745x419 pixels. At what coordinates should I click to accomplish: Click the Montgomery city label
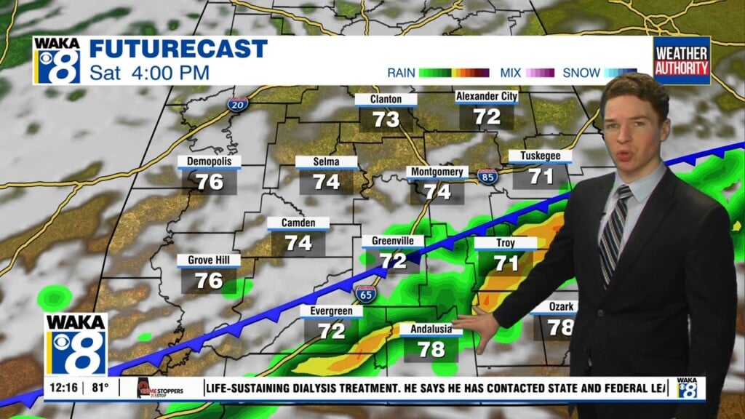tap(437, 172)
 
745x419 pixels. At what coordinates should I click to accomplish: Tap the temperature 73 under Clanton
tap(386, 119)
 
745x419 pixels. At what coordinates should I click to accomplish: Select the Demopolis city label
tap(209, 161)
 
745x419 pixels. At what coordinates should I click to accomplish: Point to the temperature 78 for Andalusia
tap(431, 349)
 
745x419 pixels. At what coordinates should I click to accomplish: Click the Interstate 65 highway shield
tap(365, 295)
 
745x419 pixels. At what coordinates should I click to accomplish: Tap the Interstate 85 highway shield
tap(488, 175)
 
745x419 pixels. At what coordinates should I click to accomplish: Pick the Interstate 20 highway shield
tap(236, 105)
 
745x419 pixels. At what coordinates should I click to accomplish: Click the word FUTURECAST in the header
tap(178, 49)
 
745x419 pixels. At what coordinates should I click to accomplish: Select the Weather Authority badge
tap(681, 60)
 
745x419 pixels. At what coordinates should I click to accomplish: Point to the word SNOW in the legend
tap(581, 73)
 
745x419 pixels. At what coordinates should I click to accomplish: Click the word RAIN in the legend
tap(401, 73)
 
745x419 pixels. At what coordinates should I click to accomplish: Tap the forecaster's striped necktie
tap(613, 233)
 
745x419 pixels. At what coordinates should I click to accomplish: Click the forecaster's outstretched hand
tap(476, 320)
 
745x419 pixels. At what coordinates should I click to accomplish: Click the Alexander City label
tap(486, 97)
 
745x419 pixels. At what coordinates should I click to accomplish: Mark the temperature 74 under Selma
tap(327, 182)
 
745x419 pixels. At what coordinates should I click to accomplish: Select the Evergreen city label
tap(331, 311)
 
